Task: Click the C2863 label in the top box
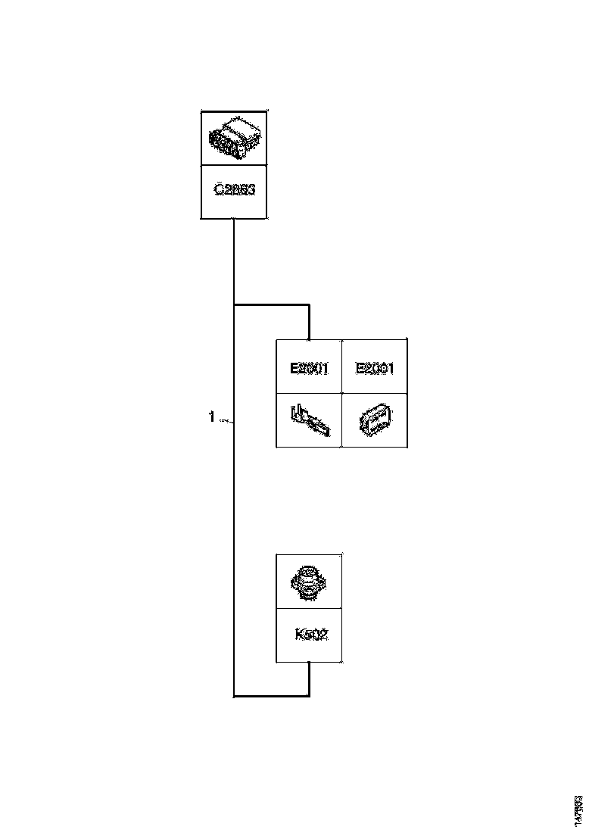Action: click(x=235, y=190)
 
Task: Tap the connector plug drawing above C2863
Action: click(x=235, y=138)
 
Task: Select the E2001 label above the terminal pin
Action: click(x=309, y=369)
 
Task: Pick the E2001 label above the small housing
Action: click(x=375, y=369)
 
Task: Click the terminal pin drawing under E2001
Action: click(x=309, y=421)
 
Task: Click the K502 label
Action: click(x=310, y=635)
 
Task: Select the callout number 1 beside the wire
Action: click(x=212, y=416)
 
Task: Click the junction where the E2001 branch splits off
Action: click(x=234, y=305)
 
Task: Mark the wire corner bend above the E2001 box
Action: click(x=310, y=305)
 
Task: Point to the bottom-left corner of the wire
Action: click(x=234, y=694)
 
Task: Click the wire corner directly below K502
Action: click(x=309, y=694)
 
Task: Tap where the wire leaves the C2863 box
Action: click(x=234, y=220)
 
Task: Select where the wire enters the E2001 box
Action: click(x=310, y=339)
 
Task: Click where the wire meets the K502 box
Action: click(x=309, y=662)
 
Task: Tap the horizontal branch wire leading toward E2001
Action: click(x=272, y=305)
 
